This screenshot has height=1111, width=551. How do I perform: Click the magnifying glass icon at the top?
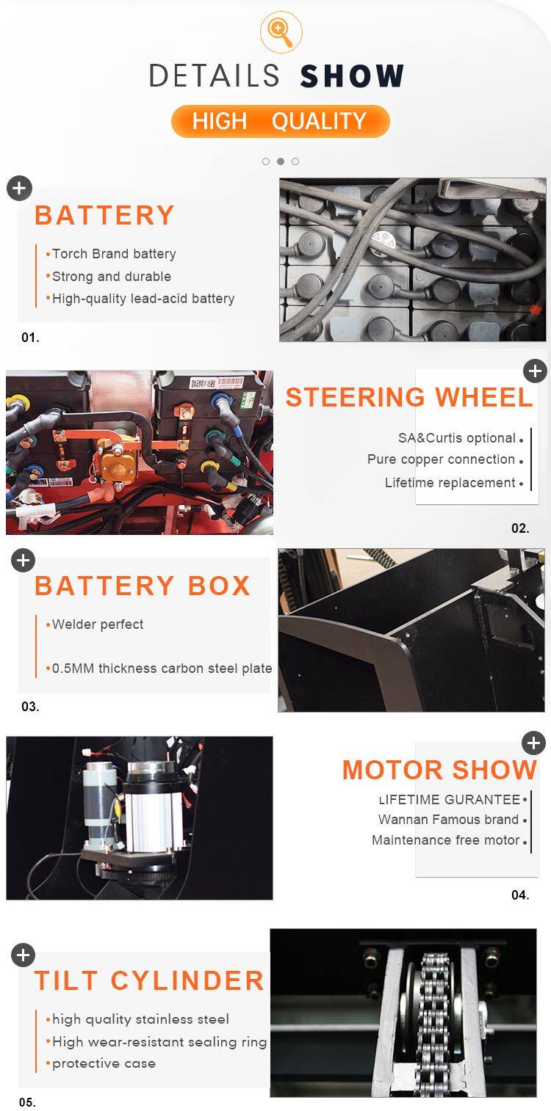click(x=281, y=32)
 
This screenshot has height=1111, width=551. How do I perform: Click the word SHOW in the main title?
click(x=352, y=76)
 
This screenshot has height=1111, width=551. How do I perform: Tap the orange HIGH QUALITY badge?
click(x=280, y=121)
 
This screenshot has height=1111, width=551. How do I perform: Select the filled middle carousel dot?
click(x=281, y=161)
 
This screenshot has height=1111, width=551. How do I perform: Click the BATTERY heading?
click(x=105, y=215)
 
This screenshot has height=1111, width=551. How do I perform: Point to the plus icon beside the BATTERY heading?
click(x=19, y=188)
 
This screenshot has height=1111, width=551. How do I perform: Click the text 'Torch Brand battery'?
click(x=114, y=254)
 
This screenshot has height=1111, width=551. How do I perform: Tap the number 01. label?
click(x=30, y=338)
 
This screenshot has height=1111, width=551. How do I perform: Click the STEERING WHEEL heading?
click(x=409, y=397)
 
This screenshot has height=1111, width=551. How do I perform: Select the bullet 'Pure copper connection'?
click(x=441, y=459)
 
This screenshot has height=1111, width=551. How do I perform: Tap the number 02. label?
click(x=520, y=528)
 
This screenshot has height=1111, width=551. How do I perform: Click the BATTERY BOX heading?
click(x=143, y=586)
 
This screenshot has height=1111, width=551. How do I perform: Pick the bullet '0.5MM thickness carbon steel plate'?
click(x=162, y=669)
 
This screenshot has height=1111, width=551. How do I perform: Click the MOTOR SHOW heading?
click(x=440, y=770)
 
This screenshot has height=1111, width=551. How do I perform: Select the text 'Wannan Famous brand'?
click(x=448, y=820)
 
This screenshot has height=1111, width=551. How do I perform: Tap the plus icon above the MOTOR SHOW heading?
click(x=533, y=743)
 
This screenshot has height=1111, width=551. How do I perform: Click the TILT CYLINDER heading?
click(x=149, y=980)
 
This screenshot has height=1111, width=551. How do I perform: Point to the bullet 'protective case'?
click(x=104, y=1063)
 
